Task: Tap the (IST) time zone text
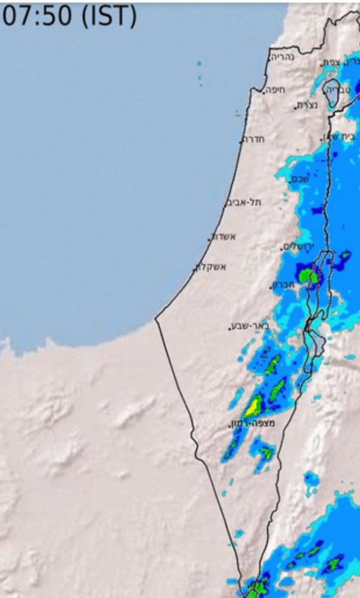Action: point(108,16)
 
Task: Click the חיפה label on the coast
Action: point(276,89)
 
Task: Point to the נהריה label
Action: point(283,57)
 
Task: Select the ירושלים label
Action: point(298,247)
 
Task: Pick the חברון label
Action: point(284,285)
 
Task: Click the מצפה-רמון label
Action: point(252,423)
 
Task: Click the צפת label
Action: point(332,62)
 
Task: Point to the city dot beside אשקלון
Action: point(194,270)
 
